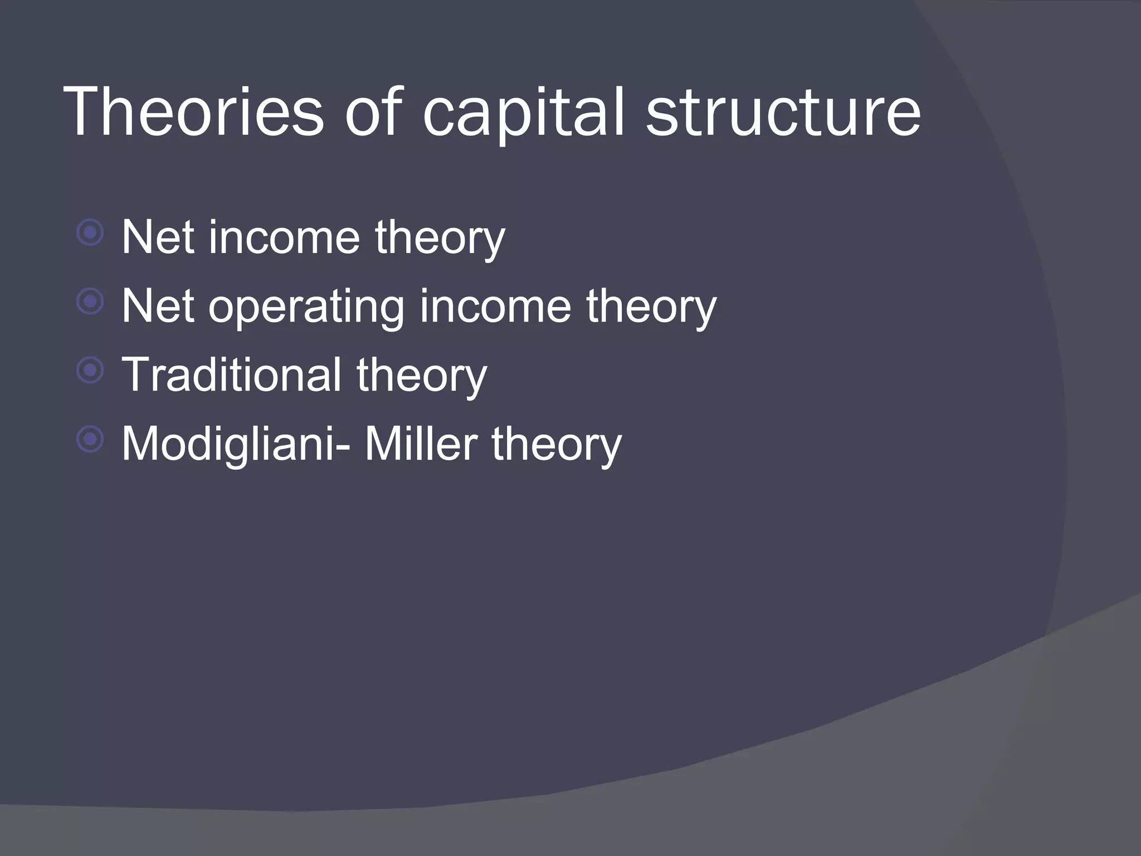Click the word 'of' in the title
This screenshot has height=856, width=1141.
tap(373, 111)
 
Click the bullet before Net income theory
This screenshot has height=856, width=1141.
tap(90, 233)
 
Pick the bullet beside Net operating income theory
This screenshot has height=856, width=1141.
tap(90, 302)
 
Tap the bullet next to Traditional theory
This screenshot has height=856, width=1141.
tap(90, 371)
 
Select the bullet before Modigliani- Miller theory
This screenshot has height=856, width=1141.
tap(90, 440)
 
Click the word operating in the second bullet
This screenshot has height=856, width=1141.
tap(306, 308)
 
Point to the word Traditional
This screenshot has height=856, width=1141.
tap(231, 374)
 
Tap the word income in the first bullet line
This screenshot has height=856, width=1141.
tap(285, 238)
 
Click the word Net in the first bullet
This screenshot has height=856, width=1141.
tap(158, 238)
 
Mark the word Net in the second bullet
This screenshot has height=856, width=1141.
tap(158, 307)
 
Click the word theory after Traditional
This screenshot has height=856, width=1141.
tap(422, 376)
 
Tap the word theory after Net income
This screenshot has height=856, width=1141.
tap(440, 239)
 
